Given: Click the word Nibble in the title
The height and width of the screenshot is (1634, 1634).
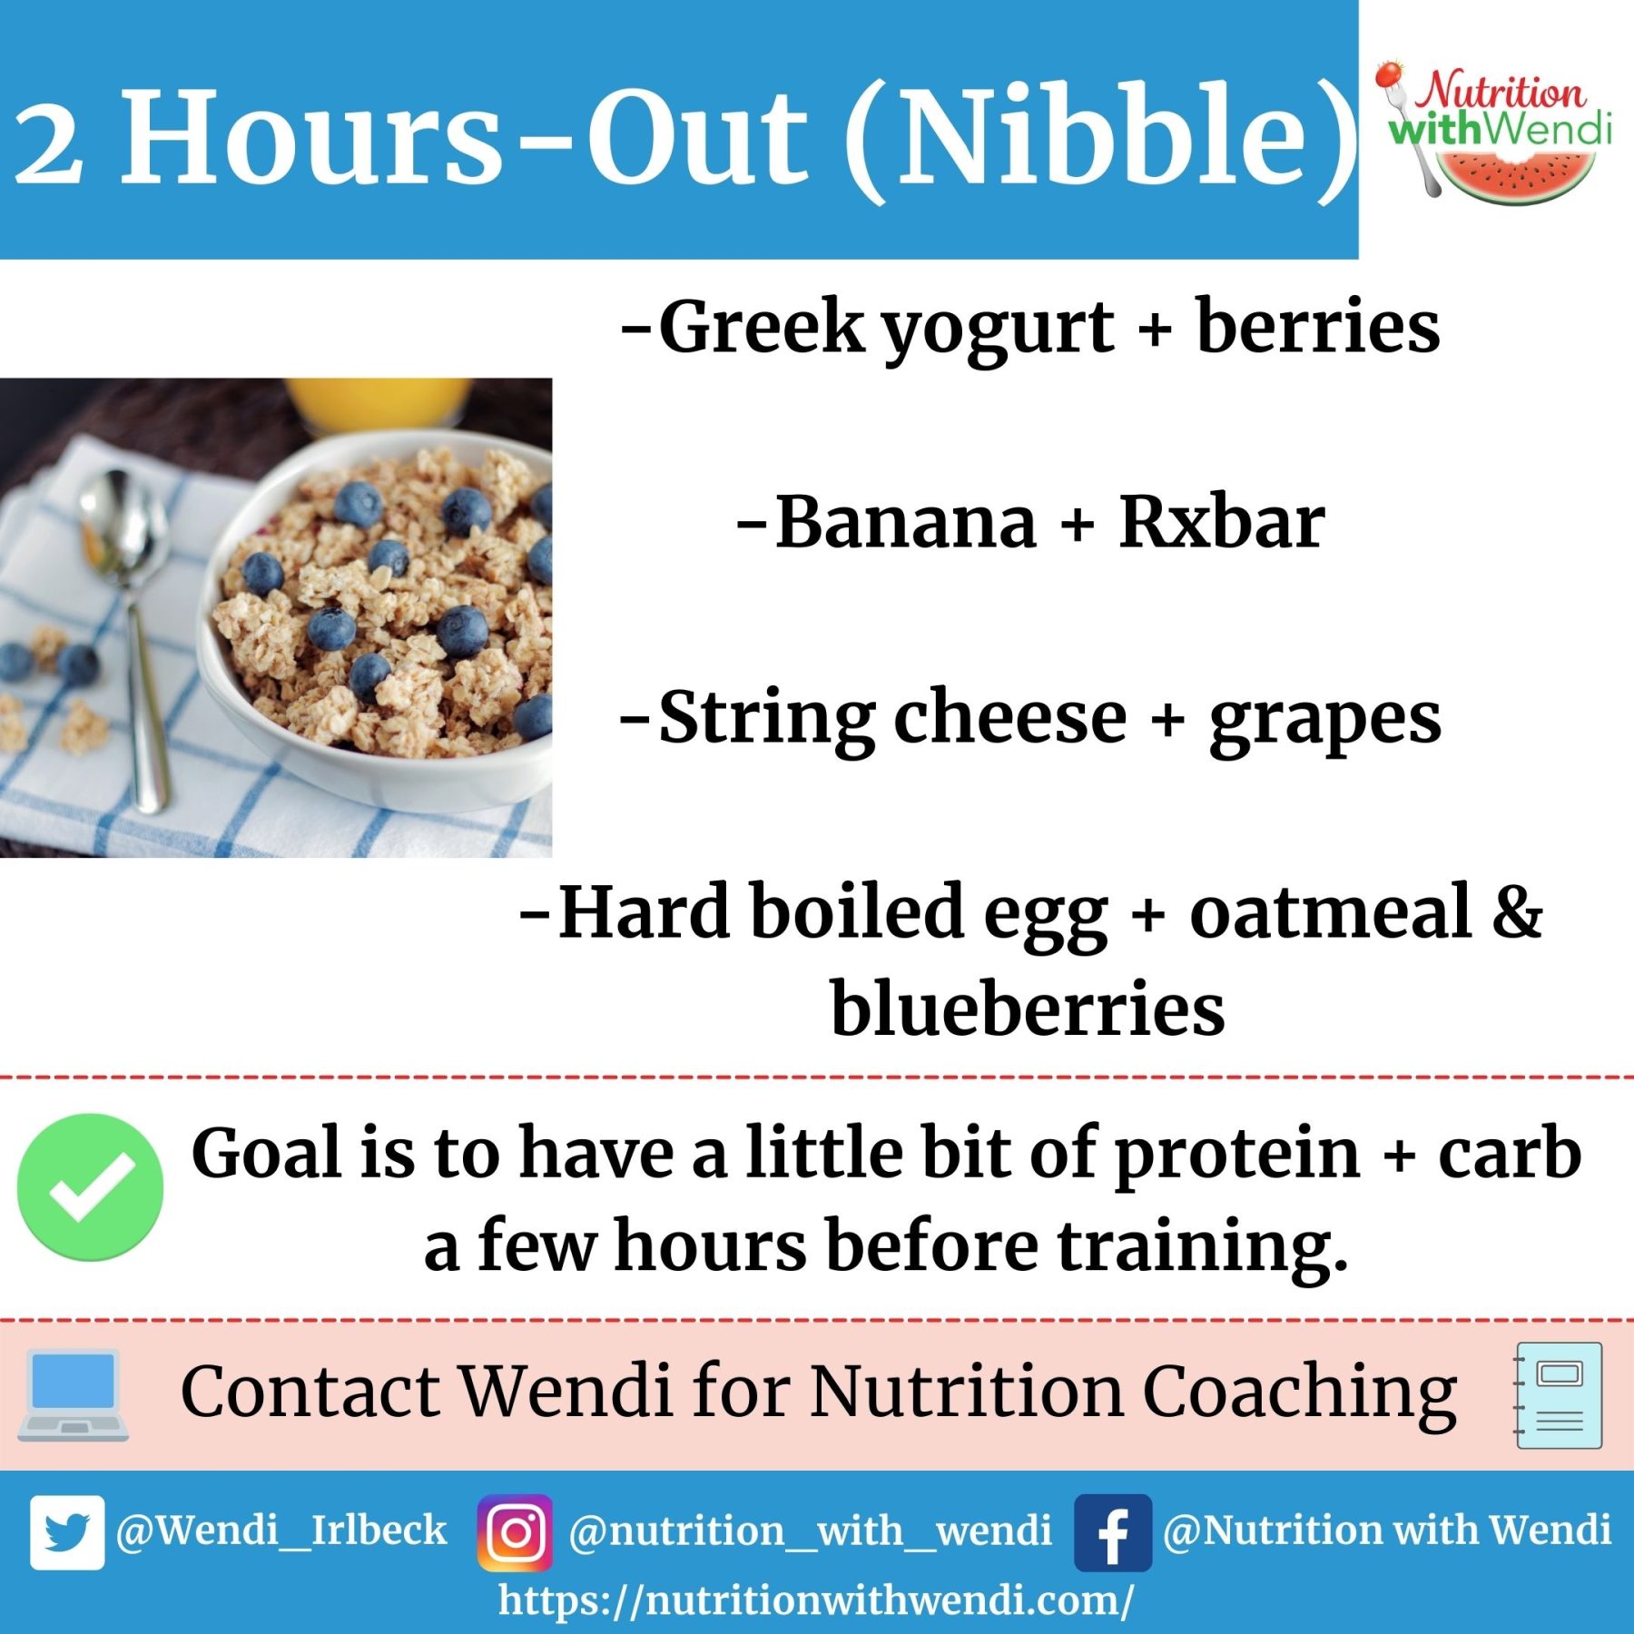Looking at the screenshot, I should point(1103,136).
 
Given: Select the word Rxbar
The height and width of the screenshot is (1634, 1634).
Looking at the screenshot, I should point(1221,524).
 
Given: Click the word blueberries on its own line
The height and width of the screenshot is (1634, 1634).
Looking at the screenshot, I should point(1028,1009).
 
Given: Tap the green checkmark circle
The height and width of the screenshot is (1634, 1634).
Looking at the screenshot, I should point(90,1186).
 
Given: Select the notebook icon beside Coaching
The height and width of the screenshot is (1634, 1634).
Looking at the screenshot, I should point(1559,1395).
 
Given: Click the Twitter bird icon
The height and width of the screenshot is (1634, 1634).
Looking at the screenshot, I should point(66,1532).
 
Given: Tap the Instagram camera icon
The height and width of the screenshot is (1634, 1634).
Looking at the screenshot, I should point(515,1532).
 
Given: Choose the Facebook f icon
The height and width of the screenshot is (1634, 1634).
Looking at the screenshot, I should point(1112,1532).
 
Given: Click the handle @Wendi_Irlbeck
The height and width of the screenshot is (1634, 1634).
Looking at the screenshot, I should point(281,1531).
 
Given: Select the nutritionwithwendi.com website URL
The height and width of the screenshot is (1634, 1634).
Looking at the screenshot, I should point(815,1600).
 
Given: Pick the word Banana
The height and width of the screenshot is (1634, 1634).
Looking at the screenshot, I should point(905,524).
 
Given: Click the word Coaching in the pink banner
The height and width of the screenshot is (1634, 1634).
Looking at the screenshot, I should point(1298,1393).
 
